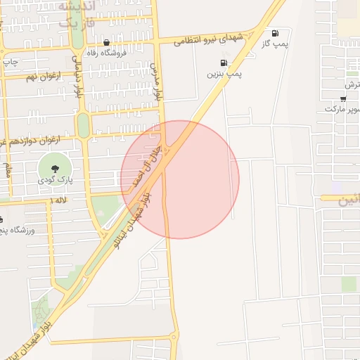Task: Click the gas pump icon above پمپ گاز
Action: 274,32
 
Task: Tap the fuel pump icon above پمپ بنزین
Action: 224,63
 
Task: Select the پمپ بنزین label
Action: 224,73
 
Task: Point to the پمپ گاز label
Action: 275,44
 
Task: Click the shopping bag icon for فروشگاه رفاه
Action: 105,41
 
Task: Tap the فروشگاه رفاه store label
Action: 105,52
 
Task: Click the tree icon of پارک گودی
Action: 54,167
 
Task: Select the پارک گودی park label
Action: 53,180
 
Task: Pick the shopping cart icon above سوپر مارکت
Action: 342,99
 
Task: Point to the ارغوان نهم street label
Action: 41,76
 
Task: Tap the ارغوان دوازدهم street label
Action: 32,141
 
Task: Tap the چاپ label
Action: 11,62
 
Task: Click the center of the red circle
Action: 180,179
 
